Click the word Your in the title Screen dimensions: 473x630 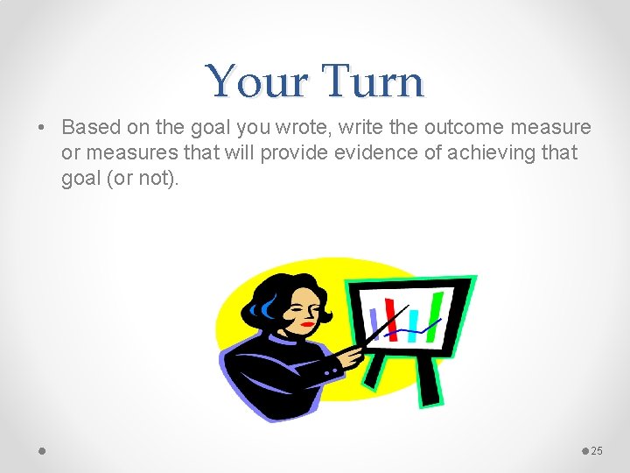259,81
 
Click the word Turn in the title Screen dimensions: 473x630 374,81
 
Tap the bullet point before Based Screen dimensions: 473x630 41,128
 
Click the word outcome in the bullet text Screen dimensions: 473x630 459,128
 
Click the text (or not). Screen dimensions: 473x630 143,177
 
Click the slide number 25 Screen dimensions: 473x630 598,450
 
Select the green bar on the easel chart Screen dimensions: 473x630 435,312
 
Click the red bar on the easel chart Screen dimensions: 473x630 391,321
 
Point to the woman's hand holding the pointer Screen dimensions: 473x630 352,357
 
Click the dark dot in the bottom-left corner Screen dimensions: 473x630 42,450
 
